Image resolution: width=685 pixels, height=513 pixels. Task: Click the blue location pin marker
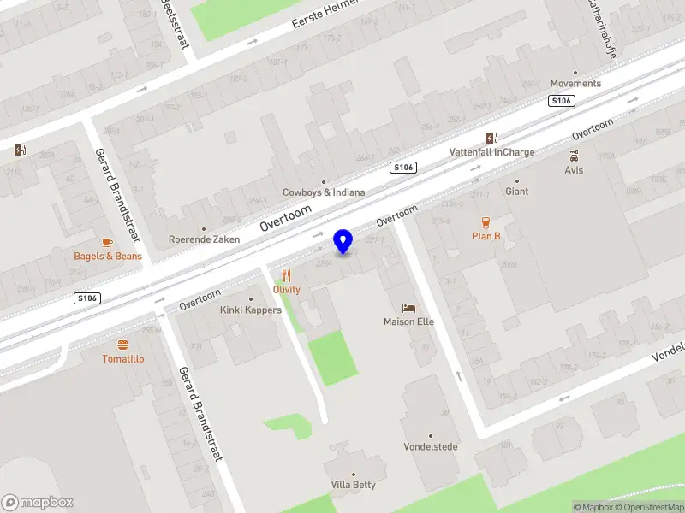pyautogui.click(x=343, y=241)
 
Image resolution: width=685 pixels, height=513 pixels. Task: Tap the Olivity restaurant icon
pyautogui.click(x=287, y=275)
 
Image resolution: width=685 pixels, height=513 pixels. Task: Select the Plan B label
pyautogui.click(x=485, y=236)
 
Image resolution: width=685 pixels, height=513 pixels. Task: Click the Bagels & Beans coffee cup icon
pyautogui.click(x=107, y=243)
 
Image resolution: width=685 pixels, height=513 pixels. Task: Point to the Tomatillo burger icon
pyautogui.click(x=122, y=345)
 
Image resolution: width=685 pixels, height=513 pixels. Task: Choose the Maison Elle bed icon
pyautogui.click(x=408, y=308)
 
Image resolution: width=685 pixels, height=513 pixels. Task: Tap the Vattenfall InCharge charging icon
pyautogui.click(x=491, y=138)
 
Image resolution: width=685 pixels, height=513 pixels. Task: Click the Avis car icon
pyautogui.click(x=574, y=156)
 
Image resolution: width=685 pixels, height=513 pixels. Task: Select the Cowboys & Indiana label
pyautogui.click(x=324, y=192)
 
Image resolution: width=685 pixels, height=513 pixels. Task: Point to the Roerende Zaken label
pyautogui.click(x=204, y=239)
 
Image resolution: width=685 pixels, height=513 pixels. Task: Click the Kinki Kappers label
pyautogui.click(x=250, y=310)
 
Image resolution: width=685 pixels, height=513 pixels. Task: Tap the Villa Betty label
pyautogui.click(x=353, y=485)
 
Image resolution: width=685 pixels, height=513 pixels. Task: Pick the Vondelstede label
pyautogui.click(x=431, y=446)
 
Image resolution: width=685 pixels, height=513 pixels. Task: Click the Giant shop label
pyautogui.click(x=516, y=192)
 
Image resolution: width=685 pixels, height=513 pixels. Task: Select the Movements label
pyautogui.click(x=575, y=84)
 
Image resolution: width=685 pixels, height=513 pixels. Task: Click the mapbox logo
pyautogui.click(x=38, y=503)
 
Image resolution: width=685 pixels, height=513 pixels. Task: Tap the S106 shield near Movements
pyautogui.click(x=561, y=101)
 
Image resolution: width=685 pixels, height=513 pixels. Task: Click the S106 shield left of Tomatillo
pyautogui.click(x=86, y=298)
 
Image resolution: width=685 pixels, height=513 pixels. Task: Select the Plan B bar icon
pyautogui.click(x=485, y=221)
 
